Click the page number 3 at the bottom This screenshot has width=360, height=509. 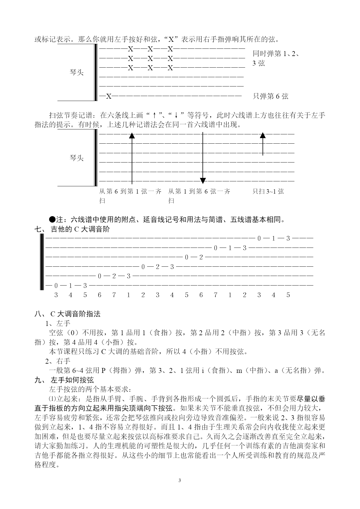pos(180,480)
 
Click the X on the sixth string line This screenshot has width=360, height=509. pos(109,96)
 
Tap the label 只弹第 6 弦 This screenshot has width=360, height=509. pos(270,96)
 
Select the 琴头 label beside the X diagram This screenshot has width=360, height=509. pos(77,72)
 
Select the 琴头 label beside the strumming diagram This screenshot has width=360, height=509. pos(77,158)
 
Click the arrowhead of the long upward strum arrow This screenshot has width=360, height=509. pos(132,135)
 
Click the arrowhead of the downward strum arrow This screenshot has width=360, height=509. pos(203,181)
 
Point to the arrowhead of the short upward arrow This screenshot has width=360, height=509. pos(263,135)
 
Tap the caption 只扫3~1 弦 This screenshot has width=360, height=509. pos(268,191)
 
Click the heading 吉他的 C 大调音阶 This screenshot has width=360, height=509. pos(80,229)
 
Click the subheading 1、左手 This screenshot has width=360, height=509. pos(58,323)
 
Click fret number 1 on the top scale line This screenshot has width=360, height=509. pos(273,239)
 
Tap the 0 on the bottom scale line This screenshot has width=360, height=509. pos(56,286)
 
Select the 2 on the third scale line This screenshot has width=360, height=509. pos(201,257)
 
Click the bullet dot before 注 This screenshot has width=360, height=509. pos(52,219)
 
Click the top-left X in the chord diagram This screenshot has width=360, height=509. pos(131,49)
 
